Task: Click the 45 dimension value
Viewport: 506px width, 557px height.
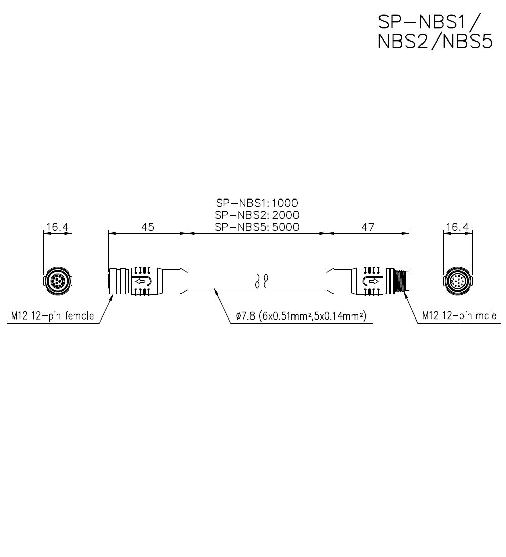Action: pos(147,227)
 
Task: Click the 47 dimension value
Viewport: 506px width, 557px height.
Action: pos(368,227)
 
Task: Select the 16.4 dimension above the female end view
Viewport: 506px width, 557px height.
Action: pos(57,227)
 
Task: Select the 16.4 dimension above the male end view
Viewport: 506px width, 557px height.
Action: pos(457,227)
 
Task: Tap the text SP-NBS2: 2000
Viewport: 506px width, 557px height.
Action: pos(257,216)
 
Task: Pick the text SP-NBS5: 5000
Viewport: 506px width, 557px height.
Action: pos(257,227)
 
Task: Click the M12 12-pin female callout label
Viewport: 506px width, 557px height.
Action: pos(52,316)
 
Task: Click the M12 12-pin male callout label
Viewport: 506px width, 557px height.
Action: pos(459,316)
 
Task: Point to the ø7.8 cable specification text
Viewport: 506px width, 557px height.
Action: pos(301,317)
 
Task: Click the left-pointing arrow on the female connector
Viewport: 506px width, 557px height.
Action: pos(142,281)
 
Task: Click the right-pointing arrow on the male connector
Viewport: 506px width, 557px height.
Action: pos(373,281)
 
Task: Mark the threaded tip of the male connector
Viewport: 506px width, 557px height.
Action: pos(403,281)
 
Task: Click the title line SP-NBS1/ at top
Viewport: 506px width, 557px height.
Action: pos(429,21)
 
